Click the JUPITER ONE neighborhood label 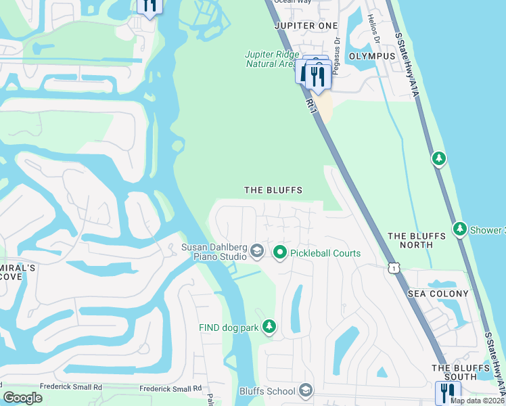point(306,26)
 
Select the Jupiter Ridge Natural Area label point(271,59)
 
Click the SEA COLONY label point(438,294)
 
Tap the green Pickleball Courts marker point(280,252)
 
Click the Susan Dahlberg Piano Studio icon point(256,252)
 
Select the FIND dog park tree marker point(269,328)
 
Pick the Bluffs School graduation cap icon point(306,390)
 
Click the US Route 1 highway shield point(393,269)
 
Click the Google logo point(22,398)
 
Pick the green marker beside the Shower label point(461,229)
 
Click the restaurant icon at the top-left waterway point(149,5)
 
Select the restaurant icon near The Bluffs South point(448,392)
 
